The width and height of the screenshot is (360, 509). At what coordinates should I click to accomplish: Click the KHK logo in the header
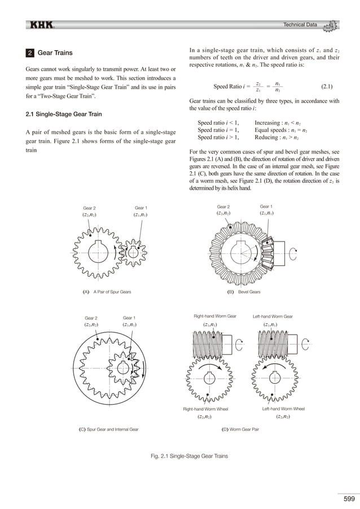pos(41,25)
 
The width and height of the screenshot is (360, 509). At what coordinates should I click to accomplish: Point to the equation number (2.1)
pos(326,87)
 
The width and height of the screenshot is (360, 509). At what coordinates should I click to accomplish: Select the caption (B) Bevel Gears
pos(243,292)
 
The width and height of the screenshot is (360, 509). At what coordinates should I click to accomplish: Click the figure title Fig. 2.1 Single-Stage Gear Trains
pos(180,455)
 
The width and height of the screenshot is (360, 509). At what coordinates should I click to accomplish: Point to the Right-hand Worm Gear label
pos(215,317)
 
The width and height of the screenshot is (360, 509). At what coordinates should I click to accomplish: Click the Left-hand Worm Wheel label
pos(283,408)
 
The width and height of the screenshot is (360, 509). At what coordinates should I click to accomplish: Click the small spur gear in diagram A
pos(133,252)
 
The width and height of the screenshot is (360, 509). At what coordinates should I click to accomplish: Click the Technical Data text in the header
pos(300,24)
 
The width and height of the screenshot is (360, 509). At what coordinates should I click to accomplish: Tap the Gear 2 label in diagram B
pos(224,207)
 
